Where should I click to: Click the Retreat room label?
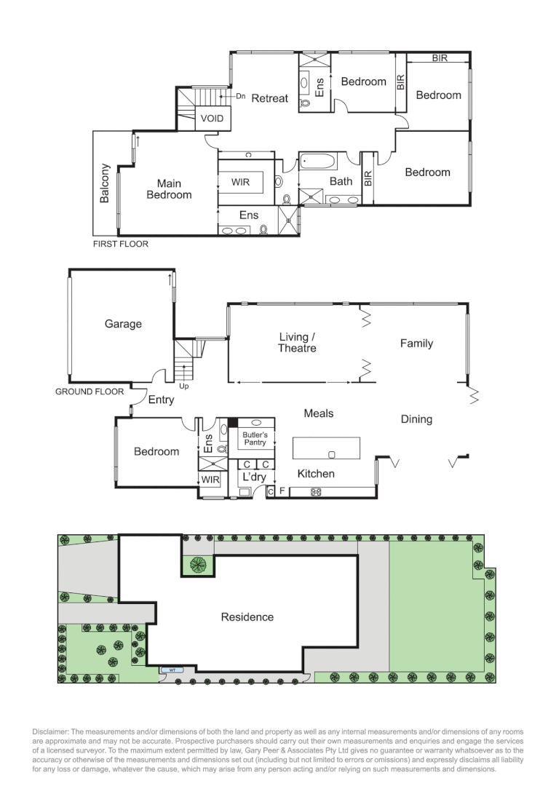coord(269,98)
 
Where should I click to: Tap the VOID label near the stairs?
coord(213,118)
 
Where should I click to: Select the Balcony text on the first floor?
coord(106,183)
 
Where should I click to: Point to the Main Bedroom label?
coord(169,189)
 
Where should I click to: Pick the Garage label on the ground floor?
coord(123,324)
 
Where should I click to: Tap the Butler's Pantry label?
coord(255,438)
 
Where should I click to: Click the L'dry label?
coord(253,477)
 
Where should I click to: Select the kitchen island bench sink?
coord(332,455)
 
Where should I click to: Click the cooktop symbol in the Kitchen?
coord(316,492)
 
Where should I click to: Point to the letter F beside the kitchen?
coord(282,492)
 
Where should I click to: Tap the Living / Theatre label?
coord(297,343)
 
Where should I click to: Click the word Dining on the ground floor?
coord(416,419)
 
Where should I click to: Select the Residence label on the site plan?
coord(247,617)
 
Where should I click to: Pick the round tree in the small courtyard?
coord(198,564)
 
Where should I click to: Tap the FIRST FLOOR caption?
coord(120,244)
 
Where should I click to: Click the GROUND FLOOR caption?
coord(90,392)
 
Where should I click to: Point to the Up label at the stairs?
coord(183,386)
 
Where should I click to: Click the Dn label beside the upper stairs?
coord(241,96)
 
